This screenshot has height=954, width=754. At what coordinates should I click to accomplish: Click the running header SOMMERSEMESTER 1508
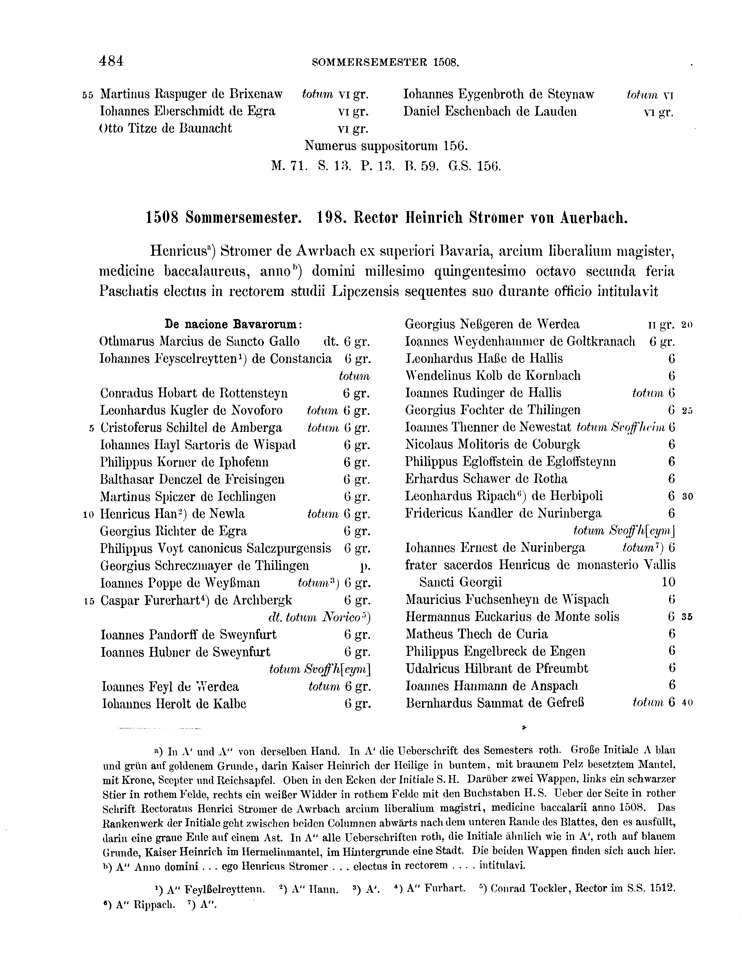click(x=385, y=62)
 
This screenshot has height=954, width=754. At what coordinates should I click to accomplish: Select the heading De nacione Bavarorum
click(x=233, y=324)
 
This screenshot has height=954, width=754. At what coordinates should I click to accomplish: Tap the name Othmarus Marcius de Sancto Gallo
click(x=200, y=342)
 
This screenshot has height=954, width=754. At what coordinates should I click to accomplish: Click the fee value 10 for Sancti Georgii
click(x=668, y=583)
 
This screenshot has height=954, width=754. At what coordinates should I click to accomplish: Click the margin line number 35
click(x=687, y=617)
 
